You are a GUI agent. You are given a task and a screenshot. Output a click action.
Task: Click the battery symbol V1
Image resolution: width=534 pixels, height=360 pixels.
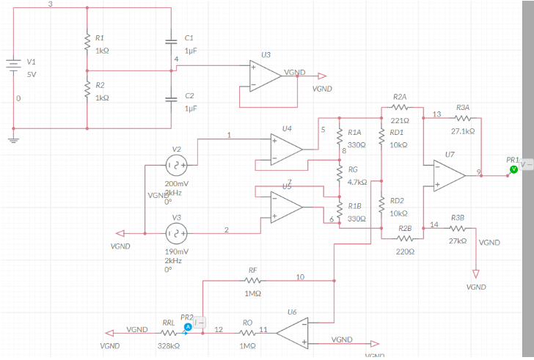[13, 67]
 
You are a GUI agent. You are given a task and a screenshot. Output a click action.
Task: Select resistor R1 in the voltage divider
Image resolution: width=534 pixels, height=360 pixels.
[87, 43]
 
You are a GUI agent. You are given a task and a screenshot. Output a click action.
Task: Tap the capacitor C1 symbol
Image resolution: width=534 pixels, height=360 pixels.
[171, 42]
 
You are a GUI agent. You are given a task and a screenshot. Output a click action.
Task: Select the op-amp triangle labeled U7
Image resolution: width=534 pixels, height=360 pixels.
[448, 175]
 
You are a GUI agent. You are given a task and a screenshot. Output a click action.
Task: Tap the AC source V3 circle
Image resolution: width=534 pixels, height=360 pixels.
[176, 232]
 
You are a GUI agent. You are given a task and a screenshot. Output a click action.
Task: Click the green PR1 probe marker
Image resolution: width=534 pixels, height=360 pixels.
[513, 169]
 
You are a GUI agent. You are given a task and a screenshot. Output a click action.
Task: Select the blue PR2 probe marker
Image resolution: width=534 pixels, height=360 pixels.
[188, 326]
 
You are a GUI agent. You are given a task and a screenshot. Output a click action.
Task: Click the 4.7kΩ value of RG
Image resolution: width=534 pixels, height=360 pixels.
[357, 182]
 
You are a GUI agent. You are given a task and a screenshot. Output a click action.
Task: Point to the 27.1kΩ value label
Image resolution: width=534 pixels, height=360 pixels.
[462, 131]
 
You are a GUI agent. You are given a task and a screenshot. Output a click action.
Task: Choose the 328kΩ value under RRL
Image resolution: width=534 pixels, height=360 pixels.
[168, 345]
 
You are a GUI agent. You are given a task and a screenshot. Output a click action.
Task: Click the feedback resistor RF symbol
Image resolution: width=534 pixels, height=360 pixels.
[253, 280]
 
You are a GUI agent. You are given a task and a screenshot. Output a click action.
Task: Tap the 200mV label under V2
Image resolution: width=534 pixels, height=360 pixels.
[176, 183]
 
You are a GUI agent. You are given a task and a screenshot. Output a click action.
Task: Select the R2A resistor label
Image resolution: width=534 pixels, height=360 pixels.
[400, 97]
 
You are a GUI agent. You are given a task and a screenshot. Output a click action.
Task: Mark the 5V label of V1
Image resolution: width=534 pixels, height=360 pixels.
[32, 75]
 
